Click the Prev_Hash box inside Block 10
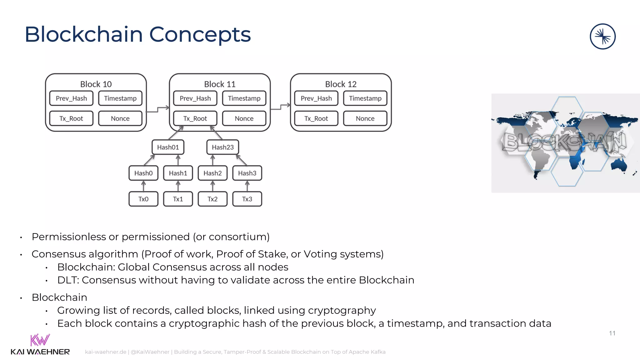coord(71,98)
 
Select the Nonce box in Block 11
coord(244,118)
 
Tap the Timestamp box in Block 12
coord(365,98)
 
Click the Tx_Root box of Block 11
coord(195,118)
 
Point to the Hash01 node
coord(168,147)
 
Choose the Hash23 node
coord(222,147)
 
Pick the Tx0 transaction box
coord(143,199)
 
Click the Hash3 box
coord(247,173)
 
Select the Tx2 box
coord(212,199)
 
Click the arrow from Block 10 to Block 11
coord(158,109)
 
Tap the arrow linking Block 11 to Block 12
coord(281,107)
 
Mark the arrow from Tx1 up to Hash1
coord(178,186)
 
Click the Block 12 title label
coord(341,84)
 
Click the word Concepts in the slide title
coord(200,34)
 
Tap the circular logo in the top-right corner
coord(602,37)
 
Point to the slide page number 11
coord(612,333)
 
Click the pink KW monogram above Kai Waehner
coord(40,340)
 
